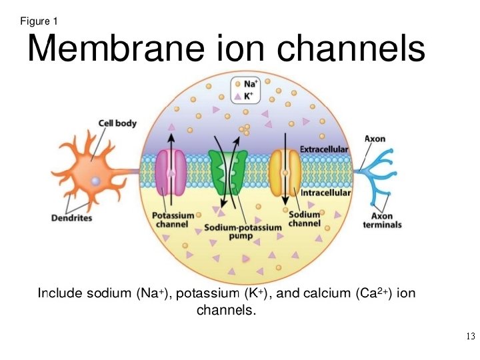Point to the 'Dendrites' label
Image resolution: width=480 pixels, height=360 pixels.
[x=71, y=217]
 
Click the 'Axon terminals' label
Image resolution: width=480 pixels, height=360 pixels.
[x=382, y=221]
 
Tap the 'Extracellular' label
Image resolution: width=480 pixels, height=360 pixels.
[x=324, y=149]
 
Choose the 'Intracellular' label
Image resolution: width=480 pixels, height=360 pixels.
[x=325, y=193]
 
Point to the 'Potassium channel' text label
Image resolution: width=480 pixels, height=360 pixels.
[x=173, y=220]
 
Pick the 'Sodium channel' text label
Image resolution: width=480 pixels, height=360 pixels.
[x=304, y=218]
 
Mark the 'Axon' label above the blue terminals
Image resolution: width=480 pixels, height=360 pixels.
[x=375, y=139]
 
